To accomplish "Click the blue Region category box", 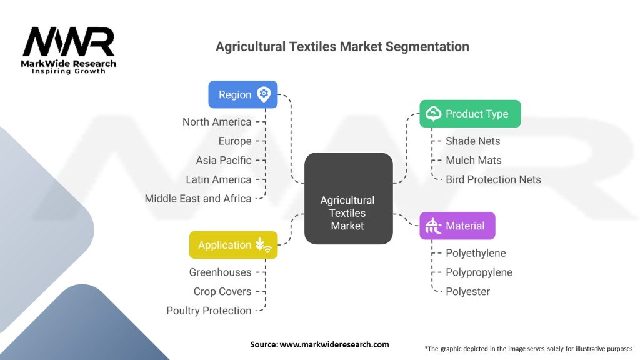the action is click(x=242, y=94).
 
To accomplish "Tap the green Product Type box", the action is click(x=469, y=114).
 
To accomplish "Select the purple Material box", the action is click(x=457, y=226).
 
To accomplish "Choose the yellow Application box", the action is click(x=233, y=245).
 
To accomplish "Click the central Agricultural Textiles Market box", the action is click(x=347, y=213).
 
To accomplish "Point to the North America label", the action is click(x=217, y=122).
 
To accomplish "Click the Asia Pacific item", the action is click(x=224, y=160).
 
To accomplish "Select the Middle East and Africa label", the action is click(x=198, y=199).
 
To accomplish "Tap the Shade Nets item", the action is click(x=473, y=141).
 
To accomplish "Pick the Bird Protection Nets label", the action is click(x=493, y=179).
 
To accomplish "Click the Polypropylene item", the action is click(x=479, y=272).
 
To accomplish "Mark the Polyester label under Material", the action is click(x=467, y=291).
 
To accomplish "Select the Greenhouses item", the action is click(x=220, y=272).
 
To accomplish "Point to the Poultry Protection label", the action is click(x=209, y=311).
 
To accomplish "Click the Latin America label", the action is click(x=219, y=179).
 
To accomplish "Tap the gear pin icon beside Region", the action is click(x=264, y=94).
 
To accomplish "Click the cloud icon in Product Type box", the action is click(x=433, y=114).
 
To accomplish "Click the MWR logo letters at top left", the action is click(x=69, y=42).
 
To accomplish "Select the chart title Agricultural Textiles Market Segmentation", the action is click(x=342, y=47).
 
